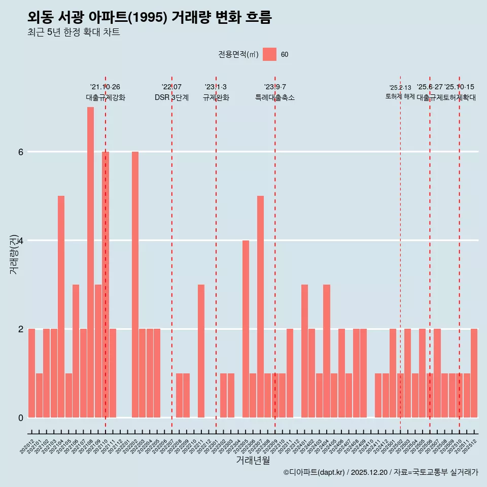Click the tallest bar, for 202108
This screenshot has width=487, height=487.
[x=90, y=262]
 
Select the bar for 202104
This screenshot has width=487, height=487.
[x=61, y=306]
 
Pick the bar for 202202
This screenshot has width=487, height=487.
[x=135, y=284]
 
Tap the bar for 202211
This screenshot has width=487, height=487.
[x=201, y=351]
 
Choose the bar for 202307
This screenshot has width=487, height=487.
[x=260, y=306]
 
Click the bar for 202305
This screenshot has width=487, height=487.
[x=246, y=329]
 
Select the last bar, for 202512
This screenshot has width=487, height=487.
[x=474, y=373]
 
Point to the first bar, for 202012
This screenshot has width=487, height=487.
[x=31, y=373]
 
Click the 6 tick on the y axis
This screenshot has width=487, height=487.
[x=20, y=152]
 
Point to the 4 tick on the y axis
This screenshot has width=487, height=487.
[x=20, y=240]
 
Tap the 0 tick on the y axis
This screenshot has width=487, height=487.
[x=20, y=418]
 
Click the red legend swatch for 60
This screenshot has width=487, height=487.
[x=270, y=54]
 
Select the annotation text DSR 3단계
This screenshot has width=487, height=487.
[x=171, y=97]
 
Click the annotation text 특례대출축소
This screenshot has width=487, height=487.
[x=274, y=97]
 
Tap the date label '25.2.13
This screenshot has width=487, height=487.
[x=400, y=88]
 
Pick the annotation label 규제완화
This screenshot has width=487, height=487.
[x=216, y=97]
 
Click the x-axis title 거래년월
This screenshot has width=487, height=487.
[x=253, y=460]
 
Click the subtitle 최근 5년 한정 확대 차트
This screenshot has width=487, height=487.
[x=74, y=32]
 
